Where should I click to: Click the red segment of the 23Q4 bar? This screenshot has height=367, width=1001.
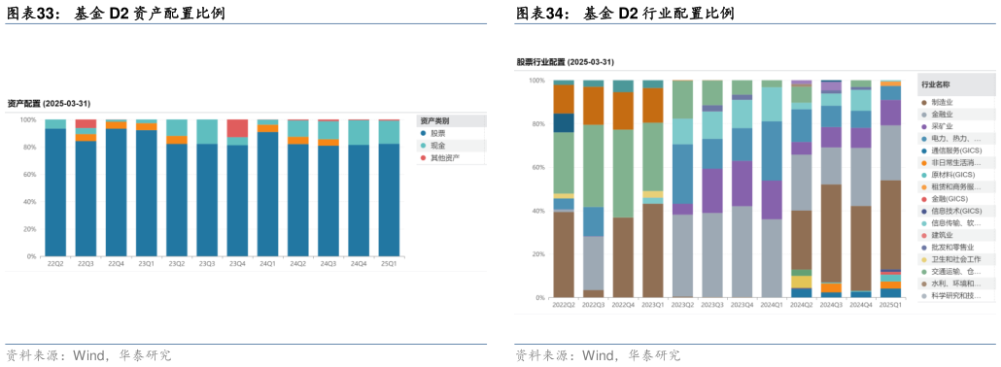[x=237, y=128]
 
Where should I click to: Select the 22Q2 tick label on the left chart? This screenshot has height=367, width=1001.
[x=55, y=263]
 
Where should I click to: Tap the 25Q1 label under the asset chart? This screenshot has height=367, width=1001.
[x=389, y=263]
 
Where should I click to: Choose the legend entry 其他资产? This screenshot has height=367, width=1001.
[x=445, y=157]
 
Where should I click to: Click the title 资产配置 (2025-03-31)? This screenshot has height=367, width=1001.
[x=49, y=103]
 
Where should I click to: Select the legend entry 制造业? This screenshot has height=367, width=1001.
[x=941, y=102]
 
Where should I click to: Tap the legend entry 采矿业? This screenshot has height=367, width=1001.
[x=941, y=126]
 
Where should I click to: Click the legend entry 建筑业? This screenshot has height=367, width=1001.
[x=941, y=235]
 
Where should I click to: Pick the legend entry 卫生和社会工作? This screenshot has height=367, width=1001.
[x=950, y=259]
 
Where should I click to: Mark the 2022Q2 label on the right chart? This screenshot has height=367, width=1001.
[x=564, y=305]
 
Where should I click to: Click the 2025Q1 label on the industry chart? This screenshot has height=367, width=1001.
[x=890, y=305]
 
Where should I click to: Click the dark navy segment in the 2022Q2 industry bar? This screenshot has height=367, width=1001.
[x=564, y=122]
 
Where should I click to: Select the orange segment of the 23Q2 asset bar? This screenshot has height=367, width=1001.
[x=177, y=140]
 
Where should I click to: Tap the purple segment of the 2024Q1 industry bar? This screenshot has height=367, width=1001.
[x=772, y=199]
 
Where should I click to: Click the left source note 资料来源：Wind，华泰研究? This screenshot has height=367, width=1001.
[x=88, y=355]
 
